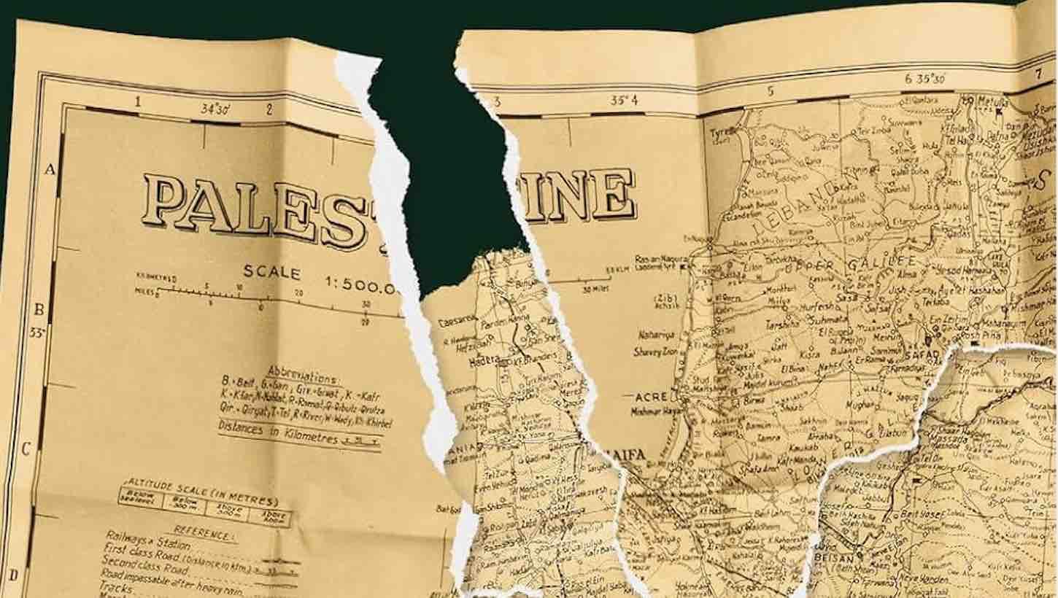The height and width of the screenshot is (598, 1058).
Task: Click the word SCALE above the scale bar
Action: click(x=271, y=273)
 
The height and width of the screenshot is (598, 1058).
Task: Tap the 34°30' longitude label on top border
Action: click(x=216, y=109)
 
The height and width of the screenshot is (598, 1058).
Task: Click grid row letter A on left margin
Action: click(x=50, y=169)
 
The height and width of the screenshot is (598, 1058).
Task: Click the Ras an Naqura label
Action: click(x=654, y=260)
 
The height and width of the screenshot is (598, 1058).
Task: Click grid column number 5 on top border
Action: click(x=769, y=91)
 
